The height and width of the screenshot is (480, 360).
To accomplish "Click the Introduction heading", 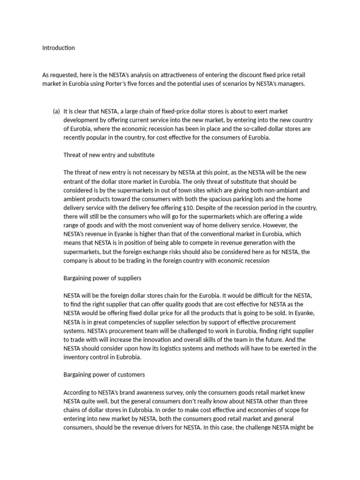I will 59,48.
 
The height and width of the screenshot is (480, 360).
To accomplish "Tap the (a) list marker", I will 56,111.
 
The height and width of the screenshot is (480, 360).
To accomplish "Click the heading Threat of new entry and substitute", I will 109,155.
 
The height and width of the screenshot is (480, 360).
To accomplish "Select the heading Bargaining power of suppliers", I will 102,278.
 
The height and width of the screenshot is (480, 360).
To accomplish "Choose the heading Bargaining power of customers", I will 104,375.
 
